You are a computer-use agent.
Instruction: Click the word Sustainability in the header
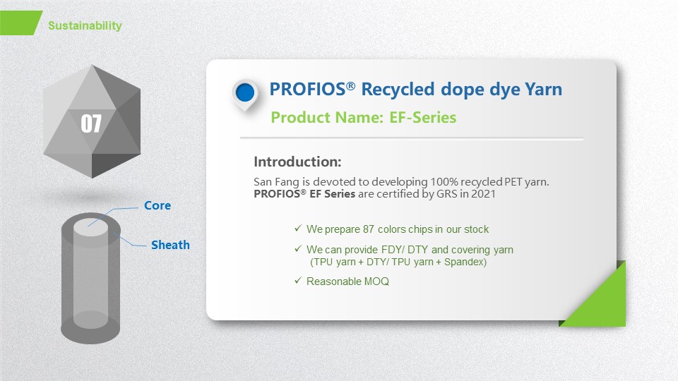pos(85,26)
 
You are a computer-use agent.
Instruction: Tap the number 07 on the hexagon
pos(91,123)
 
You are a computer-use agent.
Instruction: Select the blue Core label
pos(157,205)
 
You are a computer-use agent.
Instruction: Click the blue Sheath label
pos(170,245)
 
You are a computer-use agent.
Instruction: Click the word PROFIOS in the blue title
pos(307,90)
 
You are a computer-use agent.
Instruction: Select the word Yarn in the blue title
pos(544,90)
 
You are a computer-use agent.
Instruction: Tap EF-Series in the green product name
pos(423,118)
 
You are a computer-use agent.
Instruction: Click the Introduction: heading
pos(297,162)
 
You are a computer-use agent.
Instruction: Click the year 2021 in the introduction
pos(483,194)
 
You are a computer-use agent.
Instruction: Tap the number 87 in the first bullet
pos(369,229)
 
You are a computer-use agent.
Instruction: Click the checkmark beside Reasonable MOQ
pos(298,281)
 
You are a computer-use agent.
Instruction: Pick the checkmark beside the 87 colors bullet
pos(298,228)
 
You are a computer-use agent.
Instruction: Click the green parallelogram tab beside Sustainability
pos(20,23)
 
